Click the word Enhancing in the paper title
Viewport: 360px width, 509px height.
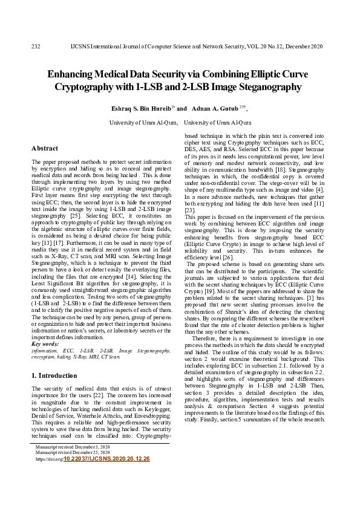(x=74, y=74)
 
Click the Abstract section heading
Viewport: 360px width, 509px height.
(x=45, y=148)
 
